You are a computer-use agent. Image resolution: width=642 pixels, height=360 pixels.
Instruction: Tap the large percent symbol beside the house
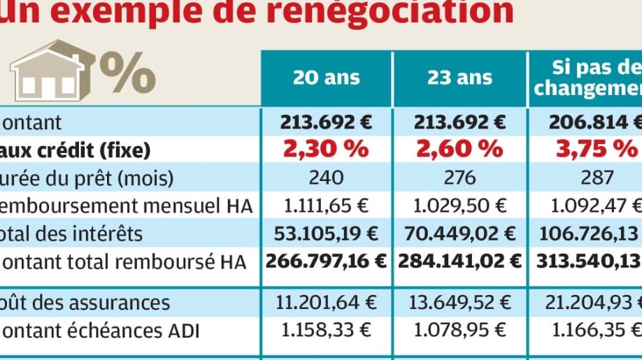[127, 70]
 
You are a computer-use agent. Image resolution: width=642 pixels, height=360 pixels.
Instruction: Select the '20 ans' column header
[326, 77]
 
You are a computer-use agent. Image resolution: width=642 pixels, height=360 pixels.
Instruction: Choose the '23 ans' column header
[459, 77]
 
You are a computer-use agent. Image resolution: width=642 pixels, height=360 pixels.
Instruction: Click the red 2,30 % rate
[326, 149]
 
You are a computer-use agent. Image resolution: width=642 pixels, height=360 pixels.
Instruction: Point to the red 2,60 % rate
[459, 149]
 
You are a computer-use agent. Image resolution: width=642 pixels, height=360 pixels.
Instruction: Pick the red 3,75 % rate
[597, 149]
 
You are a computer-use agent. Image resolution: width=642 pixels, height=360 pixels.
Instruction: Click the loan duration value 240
[326, 177]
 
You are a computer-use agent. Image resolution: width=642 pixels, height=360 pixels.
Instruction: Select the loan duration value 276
[459, 177]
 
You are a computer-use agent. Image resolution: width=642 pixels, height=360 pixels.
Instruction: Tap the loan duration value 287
[597, 177]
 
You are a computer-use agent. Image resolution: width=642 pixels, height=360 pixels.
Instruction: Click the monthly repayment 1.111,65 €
[326, 205]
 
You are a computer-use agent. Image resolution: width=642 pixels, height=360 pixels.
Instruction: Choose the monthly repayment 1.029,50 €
[459, 205]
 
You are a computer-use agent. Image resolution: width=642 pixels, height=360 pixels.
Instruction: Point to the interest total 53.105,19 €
[326, 233]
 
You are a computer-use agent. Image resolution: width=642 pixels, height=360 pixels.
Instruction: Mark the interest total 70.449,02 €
[459, 233]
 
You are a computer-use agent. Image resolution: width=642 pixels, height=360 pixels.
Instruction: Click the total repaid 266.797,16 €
[326, 261]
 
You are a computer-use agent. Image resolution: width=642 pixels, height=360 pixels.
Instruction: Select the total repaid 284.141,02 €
[459, 261]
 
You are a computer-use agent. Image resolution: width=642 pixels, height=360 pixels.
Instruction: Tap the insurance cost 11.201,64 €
[326, 302]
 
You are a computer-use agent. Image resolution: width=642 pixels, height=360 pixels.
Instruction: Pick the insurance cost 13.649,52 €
[459, 302]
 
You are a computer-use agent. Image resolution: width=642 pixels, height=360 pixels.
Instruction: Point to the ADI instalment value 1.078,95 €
[459, 330]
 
